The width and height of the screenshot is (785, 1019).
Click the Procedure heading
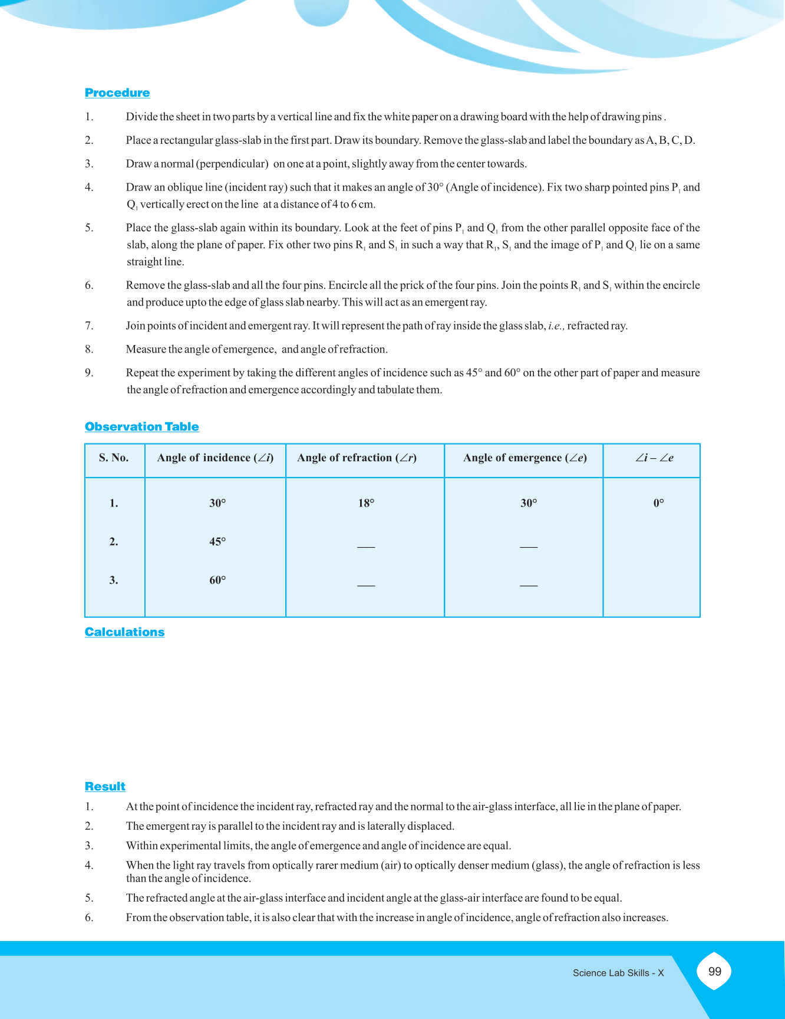point(117,93)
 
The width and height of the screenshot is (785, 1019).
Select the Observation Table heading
point(141,426)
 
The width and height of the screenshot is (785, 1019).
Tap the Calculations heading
point(124,632)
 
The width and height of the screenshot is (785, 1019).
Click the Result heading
point(105,786)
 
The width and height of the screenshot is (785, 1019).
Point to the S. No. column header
point(114,458)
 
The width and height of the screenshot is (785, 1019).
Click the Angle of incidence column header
point(215,458)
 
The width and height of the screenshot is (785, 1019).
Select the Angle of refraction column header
point(357,458)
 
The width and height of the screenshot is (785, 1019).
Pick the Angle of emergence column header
point(525,458)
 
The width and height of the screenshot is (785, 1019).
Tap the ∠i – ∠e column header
point(654,458)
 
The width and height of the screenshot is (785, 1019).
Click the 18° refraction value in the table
point(366,503)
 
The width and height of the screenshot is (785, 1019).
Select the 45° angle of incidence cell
point(217,541)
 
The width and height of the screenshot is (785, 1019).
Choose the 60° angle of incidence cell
point(217,580)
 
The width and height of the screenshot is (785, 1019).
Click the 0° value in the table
point(658,503)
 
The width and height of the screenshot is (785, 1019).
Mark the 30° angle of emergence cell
point(529,503)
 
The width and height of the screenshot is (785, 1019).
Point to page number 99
point(714,971)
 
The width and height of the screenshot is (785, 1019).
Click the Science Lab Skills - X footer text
point(618,973)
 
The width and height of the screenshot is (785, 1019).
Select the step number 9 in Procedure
point(89,373)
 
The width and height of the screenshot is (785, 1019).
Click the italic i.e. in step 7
point(556,326)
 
